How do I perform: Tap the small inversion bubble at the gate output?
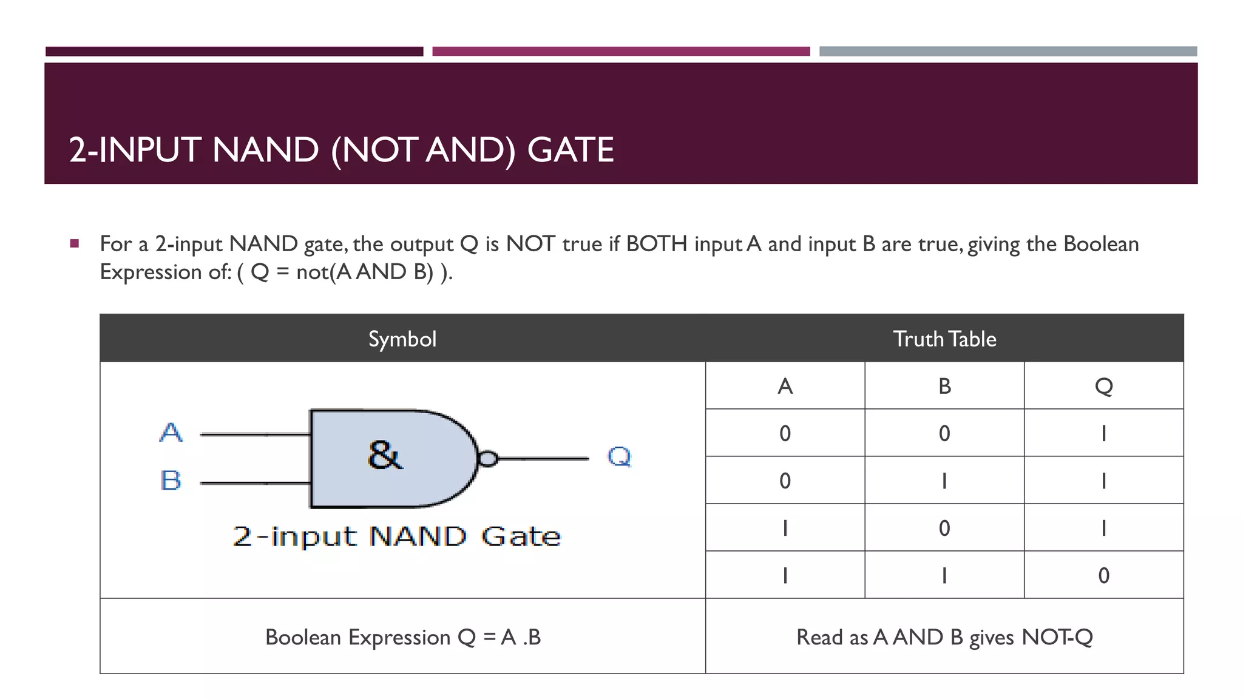pos(487,459)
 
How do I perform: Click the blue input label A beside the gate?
pos(171,433)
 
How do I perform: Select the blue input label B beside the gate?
pos(171,481)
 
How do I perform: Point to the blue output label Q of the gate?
pos(619,456)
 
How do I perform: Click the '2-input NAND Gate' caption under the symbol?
pos(396,536)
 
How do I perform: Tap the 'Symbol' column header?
pos(402,339)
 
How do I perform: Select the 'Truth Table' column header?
pos(944,339)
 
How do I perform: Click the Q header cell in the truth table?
pos(1103,386)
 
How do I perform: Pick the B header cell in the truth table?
pos(944,386)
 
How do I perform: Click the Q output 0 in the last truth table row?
pos(1103,575)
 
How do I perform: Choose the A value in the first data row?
pos(785,433)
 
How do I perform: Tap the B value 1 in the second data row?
pos(944,481)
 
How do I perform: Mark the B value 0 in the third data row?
pos(944,528)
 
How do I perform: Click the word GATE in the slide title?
pos(571,150)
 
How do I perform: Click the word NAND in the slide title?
pos(265,150)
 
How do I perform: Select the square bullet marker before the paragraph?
pos(75,244)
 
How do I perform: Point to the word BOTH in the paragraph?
pos(656,244)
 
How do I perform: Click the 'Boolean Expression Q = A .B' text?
pos(403,637)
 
